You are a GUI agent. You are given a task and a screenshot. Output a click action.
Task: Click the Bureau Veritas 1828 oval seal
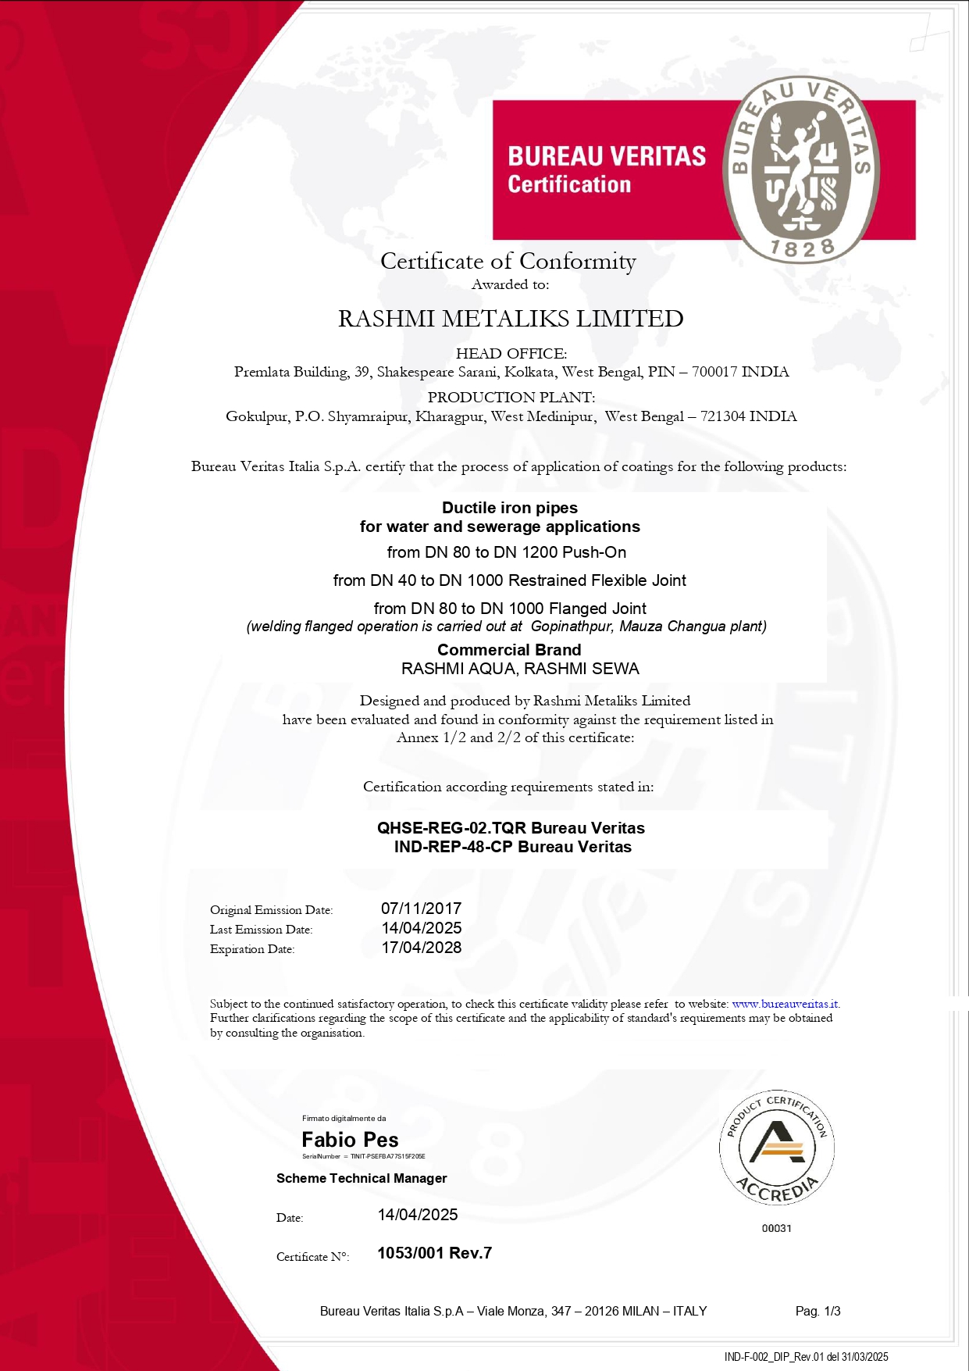coord(802,170)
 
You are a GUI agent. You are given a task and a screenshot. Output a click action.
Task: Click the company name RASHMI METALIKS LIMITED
coord(511,319)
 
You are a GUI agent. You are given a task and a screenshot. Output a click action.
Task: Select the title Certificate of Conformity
coord(508,261)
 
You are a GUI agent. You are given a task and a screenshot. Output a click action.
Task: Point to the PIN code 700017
coord(714,372)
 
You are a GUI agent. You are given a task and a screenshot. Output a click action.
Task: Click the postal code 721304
coord(722,416)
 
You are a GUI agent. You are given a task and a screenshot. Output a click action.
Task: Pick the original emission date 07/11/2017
coord(421,909)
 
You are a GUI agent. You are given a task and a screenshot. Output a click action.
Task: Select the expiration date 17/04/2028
coord(421,948)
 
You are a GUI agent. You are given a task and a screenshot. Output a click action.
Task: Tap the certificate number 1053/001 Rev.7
coord(434,1253)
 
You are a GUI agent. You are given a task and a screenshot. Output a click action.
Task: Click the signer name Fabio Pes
coord(350,1140)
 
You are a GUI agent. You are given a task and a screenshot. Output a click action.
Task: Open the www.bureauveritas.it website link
coord(786,1004)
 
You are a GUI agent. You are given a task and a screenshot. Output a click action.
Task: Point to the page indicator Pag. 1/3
coord(818,1311)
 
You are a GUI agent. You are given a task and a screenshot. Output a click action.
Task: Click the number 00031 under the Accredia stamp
coord(777,1228)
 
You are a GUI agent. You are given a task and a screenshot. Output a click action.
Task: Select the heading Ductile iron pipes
coord(510,508)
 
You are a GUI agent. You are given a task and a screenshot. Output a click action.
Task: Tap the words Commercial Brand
coord(509,650)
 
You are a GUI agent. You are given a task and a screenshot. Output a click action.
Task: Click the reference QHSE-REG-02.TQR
coord(451,828)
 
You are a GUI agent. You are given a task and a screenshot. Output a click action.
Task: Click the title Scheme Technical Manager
coord(362,1178)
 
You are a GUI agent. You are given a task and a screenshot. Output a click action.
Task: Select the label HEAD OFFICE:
coord(511,354)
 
